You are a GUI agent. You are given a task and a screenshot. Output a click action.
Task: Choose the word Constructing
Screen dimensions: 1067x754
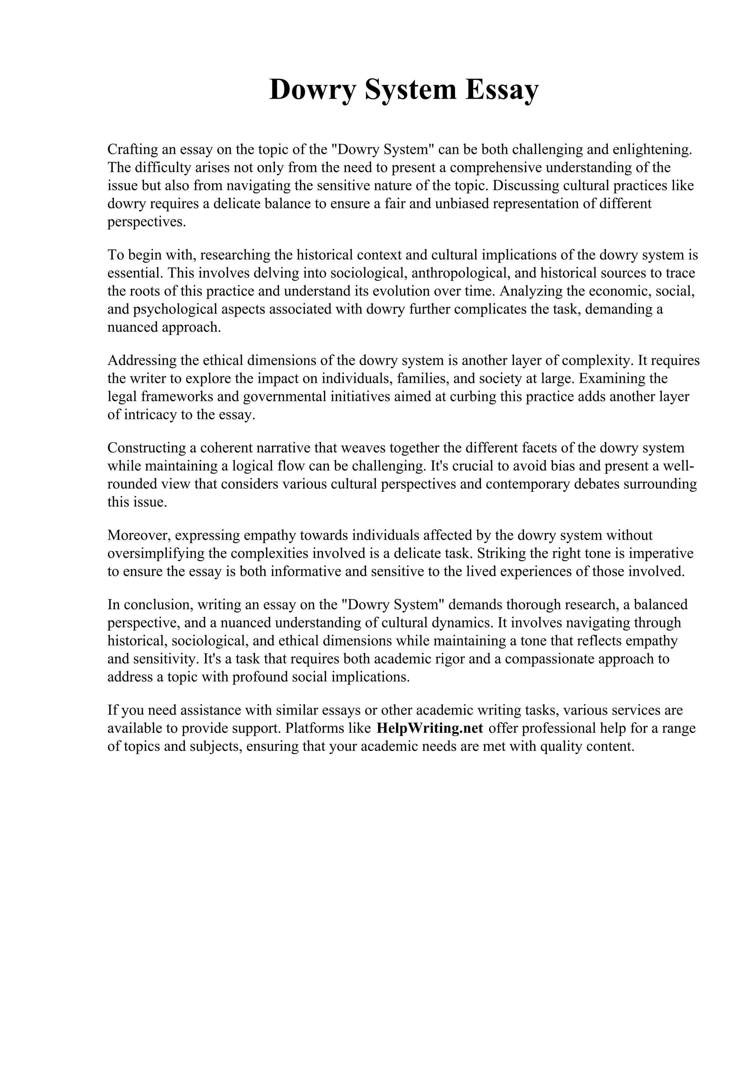point(146,447)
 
